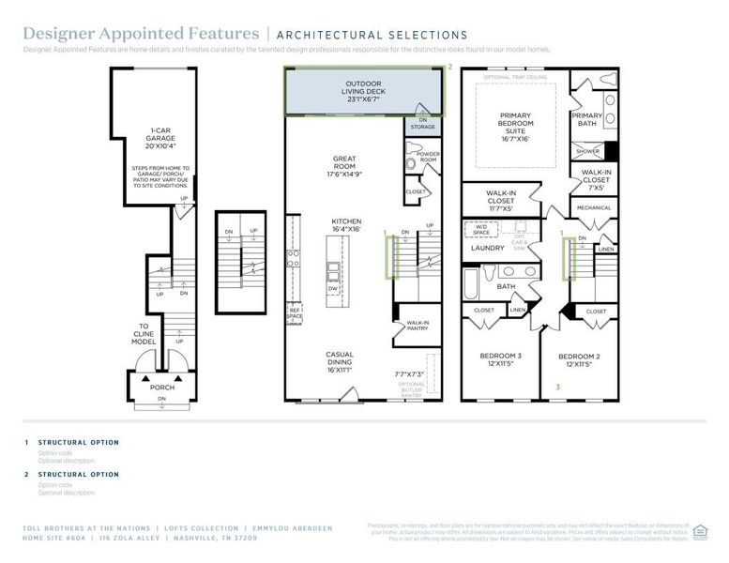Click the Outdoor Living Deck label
coord(365,90)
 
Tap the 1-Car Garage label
coord(160,138)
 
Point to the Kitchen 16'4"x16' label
coord(345,227)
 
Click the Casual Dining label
coord(339,358)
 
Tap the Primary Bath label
coord(588,119)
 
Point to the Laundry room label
coord(488,250)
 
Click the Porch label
coord(161,387)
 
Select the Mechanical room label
coord(593,208)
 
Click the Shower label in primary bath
coord(587,150)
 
